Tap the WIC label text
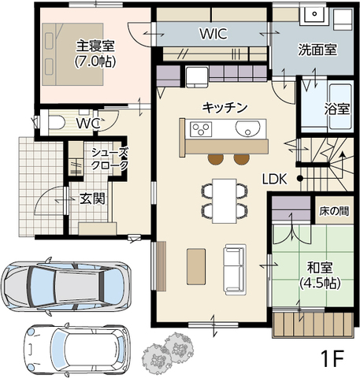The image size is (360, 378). (214, 34)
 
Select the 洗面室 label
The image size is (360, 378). (317, 50)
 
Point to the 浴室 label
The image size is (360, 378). (336, 109)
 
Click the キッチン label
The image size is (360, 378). (225, 106)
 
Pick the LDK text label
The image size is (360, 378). (275, 178)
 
